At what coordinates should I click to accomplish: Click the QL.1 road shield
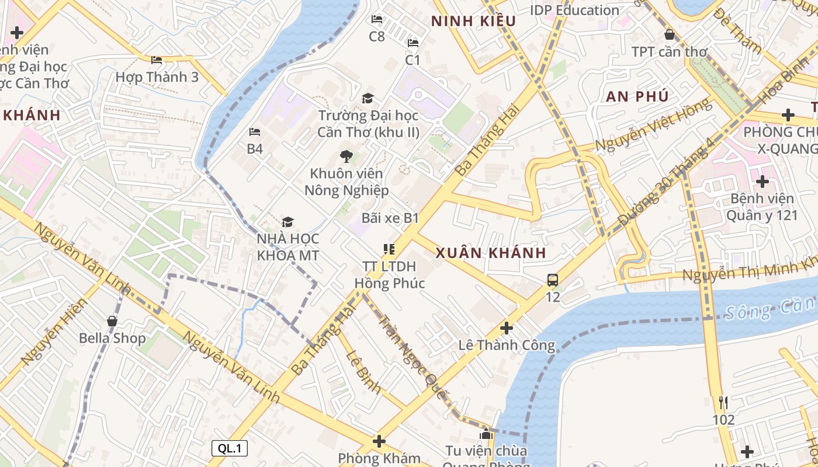click(x=230, y=448)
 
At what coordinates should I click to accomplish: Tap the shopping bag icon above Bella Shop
click(x=112, y=321)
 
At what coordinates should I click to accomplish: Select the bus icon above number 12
click(x=553, y=280)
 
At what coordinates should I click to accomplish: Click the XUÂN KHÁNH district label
click(x=491, y=253)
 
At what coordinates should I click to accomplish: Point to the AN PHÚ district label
click(x=637, y=97)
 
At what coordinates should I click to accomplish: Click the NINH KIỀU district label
click(x=474, y=22)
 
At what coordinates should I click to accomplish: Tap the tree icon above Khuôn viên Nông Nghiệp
click(x=346, y=156)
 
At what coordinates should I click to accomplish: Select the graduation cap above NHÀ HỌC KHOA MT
click(x=287, y=222)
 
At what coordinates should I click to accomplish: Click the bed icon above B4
click(x=254, y=132)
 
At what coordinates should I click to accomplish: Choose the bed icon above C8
click(x=377, y=20)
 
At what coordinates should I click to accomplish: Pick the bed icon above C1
click(x=413, y=43)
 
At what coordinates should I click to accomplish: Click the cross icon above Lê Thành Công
click(x=507, y=328)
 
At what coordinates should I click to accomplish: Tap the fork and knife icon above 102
click(x=723, y=402)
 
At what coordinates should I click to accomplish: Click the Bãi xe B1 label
click(x=390, y=218)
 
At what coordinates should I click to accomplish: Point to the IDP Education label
click(x=574, y=11)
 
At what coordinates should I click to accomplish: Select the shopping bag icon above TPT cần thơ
click(x=670, y=34)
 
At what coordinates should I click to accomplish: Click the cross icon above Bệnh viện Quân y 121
click(x=762, y=182)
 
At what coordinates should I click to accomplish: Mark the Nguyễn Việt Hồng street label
click(x=654, y=125)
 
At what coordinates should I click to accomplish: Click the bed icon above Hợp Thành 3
click(x=156, y=60)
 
